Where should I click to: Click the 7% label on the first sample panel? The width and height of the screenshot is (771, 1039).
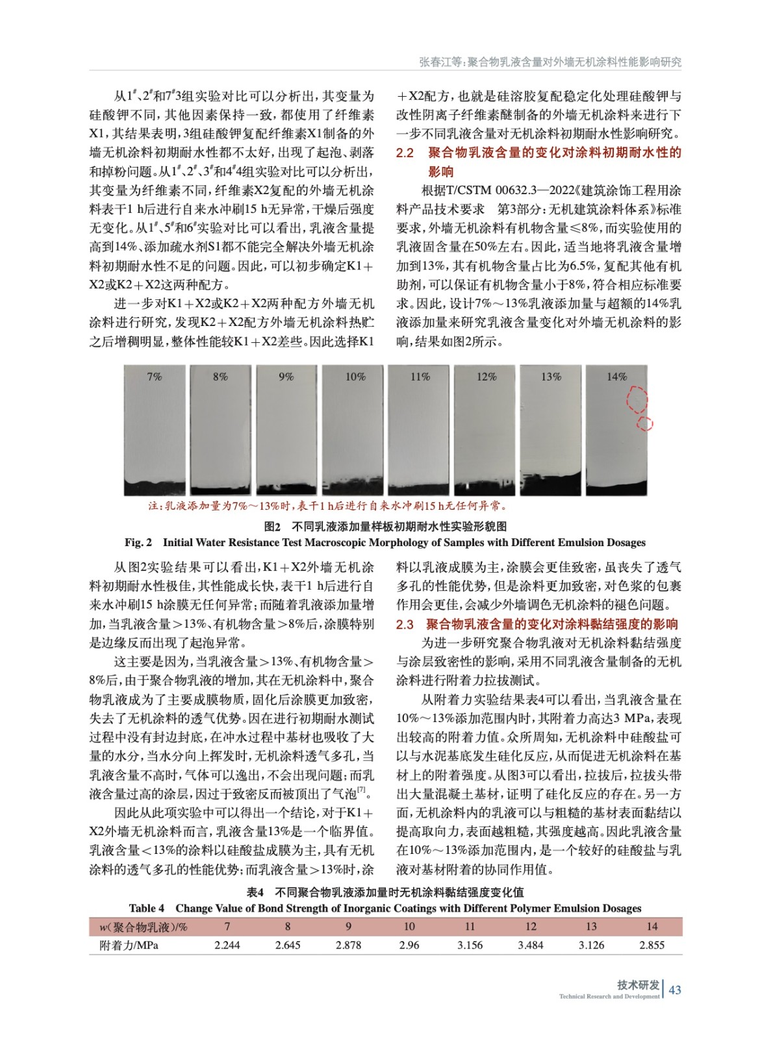155,377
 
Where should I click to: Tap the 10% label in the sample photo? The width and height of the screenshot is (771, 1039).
355,377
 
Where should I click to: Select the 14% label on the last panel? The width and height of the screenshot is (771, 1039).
616,377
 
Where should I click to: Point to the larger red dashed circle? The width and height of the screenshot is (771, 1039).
637,399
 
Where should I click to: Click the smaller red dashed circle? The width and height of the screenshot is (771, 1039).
644,424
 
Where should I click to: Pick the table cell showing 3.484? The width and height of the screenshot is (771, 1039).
531,945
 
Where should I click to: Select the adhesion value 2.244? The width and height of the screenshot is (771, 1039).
227,945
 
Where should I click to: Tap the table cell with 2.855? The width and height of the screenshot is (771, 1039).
651,945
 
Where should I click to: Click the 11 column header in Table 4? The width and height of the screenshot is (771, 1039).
470,927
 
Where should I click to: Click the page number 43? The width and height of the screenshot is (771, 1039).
675,990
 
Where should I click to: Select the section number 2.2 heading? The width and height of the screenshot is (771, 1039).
405,153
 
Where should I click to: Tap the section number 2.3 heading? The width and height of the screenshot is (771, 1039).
405,624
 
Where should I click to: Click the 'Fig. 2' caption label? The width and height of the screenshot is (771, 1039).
138,542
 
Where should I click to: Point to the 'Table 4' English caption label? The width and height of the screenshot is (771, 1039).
146,908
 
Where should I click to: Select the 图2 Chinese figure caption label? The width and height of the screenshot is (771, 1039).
272,526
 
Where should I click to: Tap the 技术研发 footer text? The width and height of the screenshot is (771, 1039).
638,984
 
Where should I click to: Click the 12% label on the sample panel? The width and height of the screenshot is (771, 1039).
486,377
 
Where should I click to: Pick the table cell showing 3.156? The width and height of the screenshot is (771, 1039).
470,945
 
